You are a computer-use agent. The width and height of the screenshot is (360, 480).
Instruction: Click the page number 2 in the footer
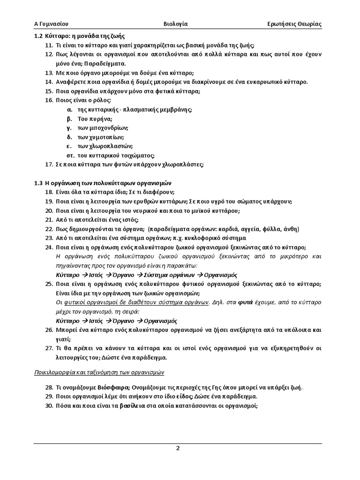pyautogui.click(x=178, y=448)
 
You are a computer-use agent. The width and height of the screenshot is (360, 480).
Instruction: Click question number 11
pyautogui.click(x=49, y=45)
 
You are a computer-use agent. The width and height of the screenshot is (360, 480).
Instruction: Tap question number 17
pyautogui.click(x=49, y=165)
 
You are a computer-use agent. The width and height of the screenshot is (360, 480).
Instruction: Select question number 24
pyautogui.click(x=49, y=247)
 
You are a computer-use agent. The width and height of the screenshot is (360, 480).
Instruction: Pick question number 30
pyautogui.click(x=49, y=406)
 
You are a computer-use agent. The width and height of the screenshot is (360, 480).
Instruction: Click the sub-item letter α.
pyautogui.click(x=69, y=109)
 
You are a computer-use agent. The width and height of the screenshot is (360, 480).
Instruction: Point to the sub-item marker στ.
pyautogui.click(x=70, y=155)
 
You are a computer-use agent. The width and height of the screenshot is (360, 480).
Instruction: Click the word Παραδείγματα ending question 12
pyautogui.click(x=103, y=63)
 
